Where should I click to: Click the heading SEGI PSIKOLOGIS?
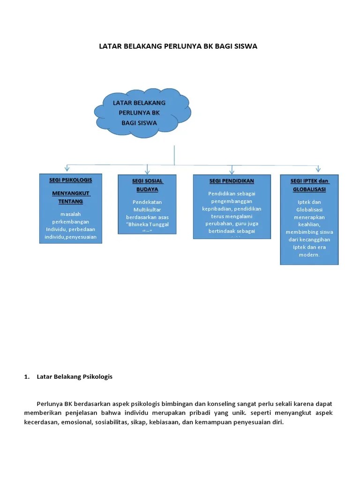70,180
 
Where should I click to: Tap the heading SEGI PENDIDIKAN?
232,181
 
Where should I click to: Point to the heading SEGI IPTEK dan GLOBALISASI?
309,186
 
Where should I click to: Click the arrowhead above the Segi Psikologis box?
67,168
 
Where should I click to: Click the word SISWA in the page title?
243,46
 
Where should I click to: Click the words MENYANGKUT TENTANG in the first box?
70,197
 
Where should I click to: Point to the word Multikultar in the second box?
147,210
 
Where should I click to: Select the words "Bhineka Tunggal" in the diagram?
147,225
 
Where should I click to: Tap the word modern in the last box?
309,255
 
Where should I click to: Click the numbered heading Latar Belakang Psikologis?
75,376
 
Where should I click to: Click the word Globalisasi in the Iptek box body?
309,210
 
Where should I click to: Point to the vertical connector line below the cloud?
174,155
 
